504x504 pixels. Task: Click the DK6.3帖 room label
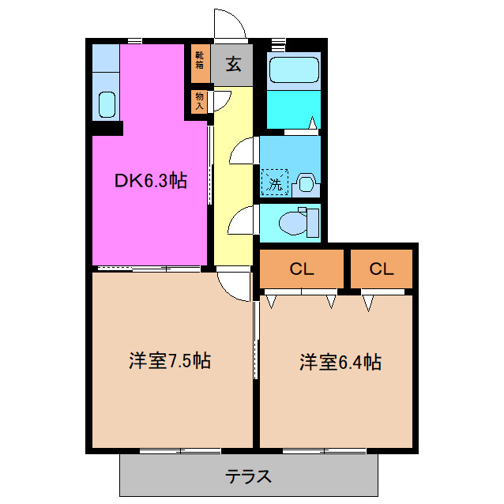point(150,181)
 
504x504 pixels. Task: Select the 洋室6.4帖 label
point(340,363)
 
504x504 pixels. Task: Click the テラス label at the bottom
point(249,477)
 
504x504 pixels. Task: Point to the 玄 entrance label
point(234,65)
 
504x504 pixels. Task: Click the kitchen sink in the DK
point(105,103)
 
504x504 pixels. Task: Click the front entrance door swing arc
point(229,24)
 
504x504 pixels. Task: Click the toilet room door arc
point(242,220)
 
